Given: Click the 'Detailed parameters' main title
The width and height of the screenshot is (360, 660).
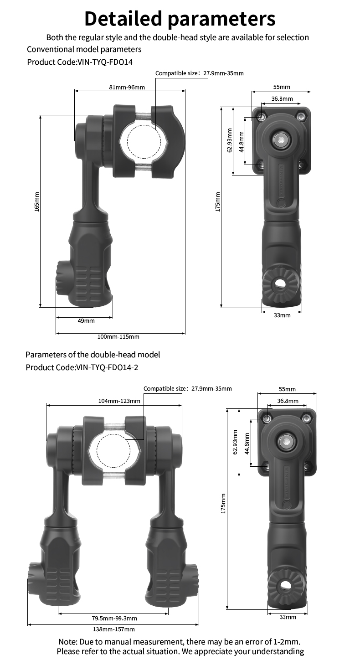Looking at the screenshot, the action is [180, 19].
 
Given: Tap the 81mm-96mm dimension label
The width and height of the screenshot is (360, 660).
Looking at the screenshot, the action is [127, 87].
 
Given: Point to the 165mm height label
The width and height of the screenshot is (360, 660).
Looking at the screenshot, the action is [37, 201].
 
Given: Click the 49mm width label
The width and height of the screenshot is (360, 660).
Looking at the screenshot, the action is [86, 320].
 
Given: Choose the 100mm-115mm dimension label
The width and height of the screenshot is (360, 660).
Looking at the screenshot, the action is [118, 336].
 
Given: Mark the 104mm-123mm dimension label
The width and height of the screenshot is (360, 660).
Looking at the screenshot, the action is [119, 401].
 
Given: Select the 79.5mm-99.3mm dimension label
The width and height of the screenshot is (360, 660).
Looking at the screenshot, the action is [114, 618].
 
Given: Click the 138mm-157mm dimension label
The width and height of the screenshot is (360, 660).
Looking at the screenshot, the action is [114, 629].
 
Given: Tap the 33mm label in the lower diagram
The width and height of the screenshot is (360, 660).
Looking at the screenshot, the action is [288, 617].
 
